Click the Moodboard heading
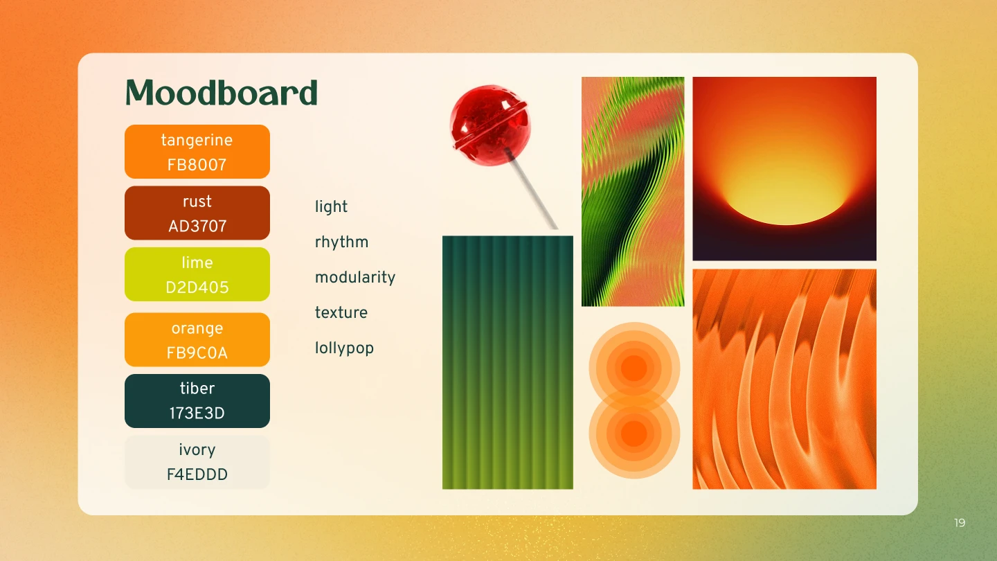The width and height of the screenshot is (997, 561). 222,92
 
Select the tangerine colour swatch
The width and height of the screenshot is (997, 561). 197,152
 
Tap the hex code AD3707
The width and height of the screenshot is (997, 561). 197,226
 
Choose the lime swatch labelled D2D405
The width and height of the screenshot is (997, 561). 197,274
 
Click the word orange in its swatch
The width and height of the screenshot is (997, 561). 197,328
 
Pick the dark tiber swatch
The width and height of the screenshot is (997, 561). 197,401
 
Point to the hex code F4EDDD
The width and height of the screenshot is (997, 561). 197,474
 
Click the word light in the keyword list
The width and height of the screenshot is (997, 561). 331,206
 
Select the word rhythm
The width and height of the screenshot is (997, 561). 341,242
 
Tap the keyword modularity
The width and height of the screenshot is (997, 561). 355,277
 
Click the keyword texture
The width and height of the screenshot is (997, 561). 341,312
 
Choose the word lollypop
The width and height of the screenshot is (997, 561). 344,348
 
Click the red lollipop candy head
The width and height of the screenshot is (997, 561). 490,125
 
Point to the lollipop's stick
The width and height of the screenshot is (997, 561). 532,190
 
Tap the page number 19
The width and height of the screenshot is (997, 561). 960,523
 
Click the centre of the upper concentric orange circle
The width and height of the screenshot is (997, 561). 634,368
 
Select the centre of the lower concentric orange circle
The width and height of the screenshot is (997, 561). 634,433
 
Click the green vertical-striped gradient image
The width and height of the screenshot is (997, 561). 508,362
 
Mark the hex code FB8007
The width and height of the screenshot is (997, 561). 197,165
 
